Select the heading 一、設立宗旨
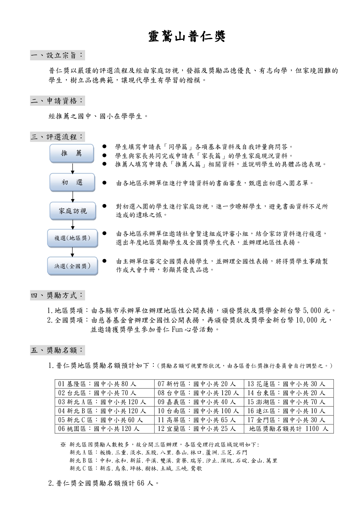(x=57, y=55)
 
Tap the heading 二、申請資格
(x=57, y=101)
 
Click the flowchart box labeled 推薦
(x=72, y=153)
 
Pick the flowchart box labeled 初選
(x=72, y=182)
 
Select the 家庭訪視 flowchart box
(x=73, y=211)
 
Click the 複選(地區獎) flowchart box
(x=73, y=238)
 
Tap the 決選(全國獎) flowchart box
(x=73, y=266)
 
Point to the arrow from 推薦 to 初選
(x=73, y=168)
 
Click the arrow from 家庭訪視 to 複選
(x=73, y=225)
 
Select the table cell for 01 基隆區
(x=105, y=384)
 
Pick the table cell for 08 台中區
(x=199, y=393)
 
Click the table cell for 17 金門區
(x=289, y=420)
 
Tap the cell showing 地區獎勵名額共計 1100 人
(x=289, y=429)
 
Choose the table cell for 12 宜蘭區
(x=199, y=429)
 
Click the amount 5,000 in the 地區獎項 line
(x=313, y=311)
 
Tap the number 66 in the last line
(x=141, y=483)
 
